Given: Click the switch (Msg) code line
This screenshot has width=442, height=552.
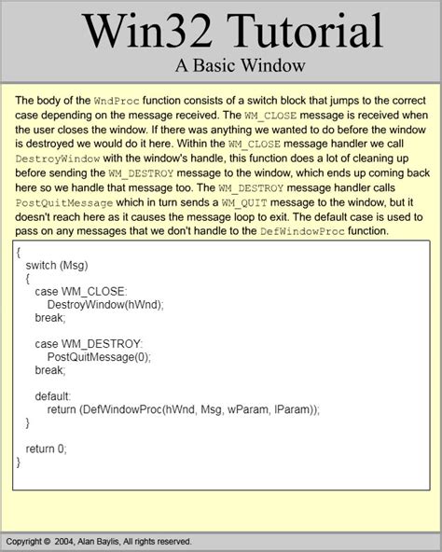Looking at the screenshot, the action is pos(58,265).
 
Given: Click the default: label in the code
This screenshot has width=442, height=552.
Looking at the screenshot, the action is pos(53,395).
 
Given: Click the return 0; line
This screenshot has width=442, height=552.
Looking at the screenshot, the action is pos(47,448).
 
